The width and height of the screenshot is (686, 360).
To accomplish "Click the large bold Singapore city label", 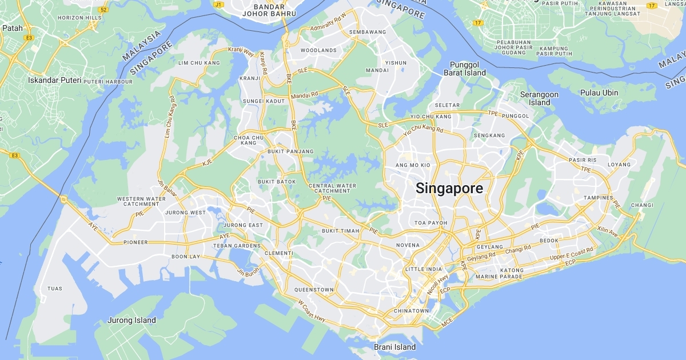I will point(449,189).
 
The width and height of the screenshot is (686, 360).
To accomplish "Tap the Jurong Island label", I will point(131,321).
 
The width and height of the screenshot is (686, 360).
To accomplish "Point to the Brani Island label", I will point(394,347).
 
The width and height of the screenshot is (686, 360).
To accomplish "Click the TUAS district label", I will point(55,289).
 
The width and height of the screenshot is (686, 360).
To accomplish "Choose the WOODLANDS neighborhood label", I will point(318,50).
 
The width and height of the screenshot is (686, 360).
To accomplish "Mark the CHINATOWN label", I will point(410,311).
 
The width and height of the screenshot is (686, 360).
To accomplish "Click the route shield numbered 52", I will point(103,10).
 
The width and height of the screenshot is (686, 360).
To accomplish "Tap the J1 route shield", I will point(218,5).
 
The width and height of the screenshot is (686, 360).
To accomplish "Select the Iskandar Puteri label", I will point(55,81).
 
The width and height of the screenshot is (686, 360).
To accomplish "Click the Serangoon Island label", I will point(539,98).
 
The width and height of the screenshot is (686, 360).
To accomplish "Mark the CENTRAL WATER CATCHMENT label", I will point(332,188).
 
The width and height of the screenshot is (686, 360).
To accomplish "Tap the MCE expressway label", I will point(447,324).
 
